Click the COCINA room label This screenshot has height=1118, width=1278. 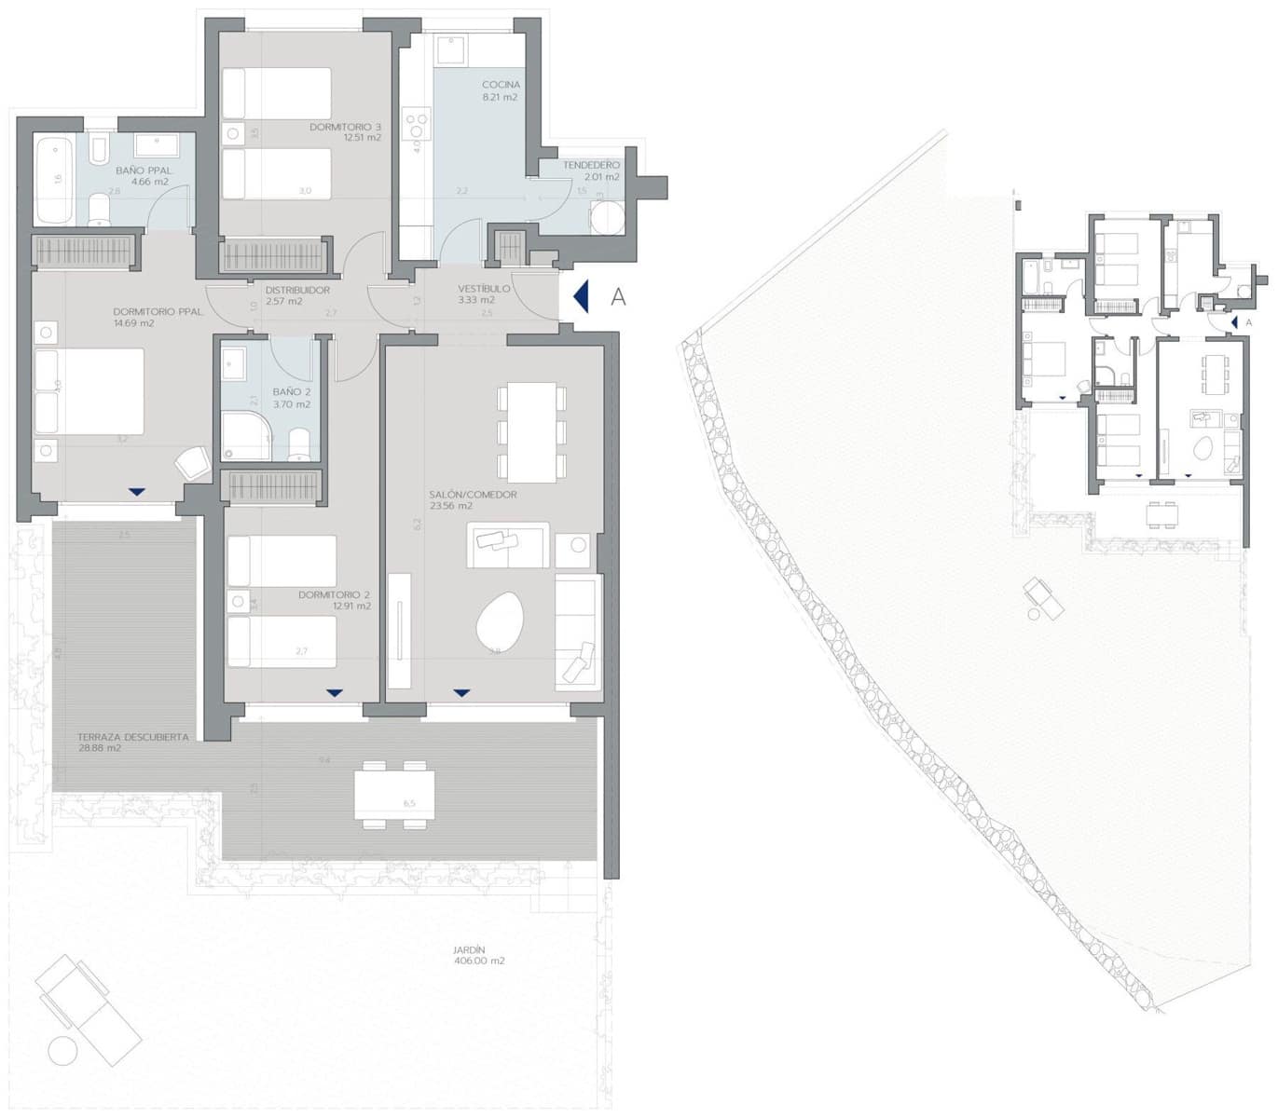tap(501, 85)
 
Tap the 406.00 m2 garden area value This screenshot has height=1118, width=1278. tap(478, 961)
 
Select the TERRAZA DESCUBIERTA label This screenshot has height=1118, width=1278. tap(133, 737)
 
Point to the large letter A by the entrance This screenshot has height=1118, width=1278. tap(617, 297)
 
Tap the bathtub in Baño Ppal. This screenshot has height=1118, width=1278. tap(52, 179)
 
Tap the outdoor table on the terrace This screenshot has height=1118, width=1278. tap(393, 793)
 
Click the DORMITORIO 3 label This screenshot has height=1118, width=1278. tap(346, 127)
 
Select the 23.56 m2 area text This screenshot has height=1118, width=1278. tap(451, 507)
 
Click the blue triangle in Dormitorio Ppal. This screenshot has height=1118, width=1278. tap(137, 491)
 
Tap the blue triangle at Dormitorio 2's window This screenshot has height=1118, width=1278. tap(335, 692)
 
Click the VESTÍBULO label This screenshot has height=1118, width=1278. tap(484, 289)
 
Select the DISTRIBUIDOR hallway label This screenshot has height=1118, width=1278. tap(297, 290)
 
